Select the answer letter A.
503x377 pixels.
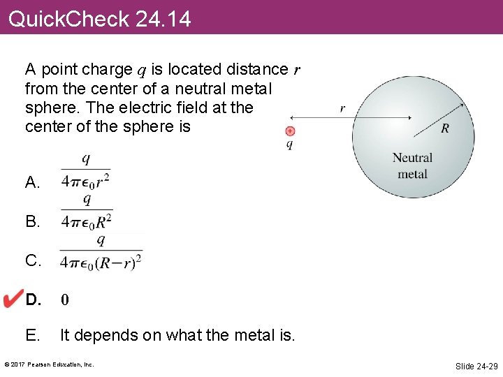click(x=32, y=183)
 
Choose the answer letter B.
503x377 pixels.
click(x=32, y=222)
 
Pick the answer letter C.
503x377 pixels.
click(x=33, y=261)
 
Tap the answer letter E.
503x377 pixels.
click(x=32, y=335)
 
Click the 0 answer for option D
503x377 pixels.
click(x=64, y=300)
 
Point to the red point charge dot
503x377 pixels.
click(x=291, y=131)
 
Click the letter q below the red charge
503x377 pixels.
click(x=290, y=145)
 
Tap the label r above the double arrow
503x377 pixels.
click(x=342, y=108)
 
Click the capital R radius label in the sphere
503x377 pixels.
click(x=445, y=128)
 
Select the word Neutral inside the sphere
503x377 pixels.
click(x=412, y=158)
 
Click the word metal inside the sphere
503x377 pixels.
click(x=412, y=173)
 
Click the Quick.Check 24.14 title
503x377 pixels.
click(x=99, y=19)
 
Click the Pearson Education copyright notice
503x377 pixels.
click(x=49, y=364)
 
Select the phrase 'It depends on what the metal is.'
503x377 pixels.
click(x=177, y=335)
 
